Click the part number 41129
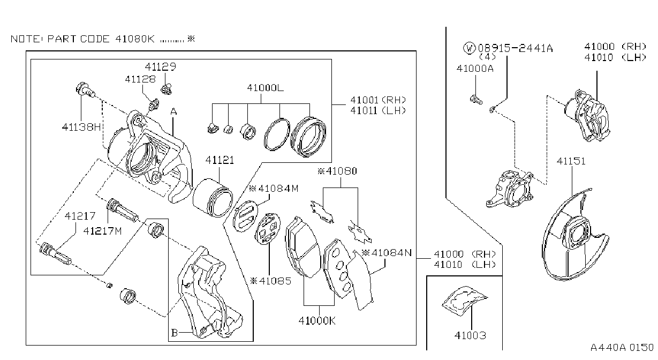161,67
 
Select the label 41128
140,79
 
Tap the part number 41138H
81,127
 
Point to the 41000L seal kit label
265,87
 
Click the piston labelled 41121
213,198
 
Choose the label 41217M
102,231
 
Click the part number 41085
270,281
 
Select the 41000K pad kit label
317,320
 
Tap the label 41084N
387,253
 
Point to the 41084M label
274,189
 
